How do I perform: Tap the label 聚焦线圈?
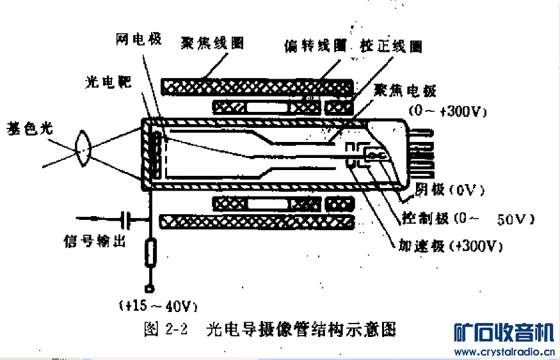212,43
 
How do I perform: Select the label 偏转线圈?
315,47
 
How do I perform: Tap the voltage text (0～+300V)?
448,111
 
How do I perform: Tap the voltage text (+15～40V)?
157,305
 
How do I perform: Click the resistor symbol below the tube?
150,252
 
